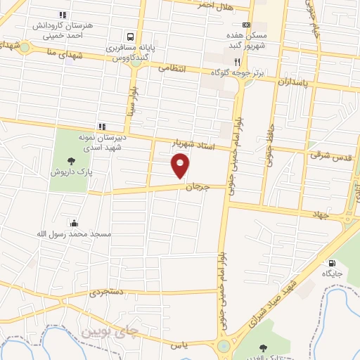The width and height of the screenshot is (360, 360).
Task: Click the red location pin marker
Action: pos(181,166)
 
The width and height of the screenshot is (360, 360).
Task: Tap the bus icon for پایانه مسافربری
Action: pos(130,37)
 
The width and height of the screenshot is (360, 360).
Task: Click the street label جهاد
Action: pos(321,214)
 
